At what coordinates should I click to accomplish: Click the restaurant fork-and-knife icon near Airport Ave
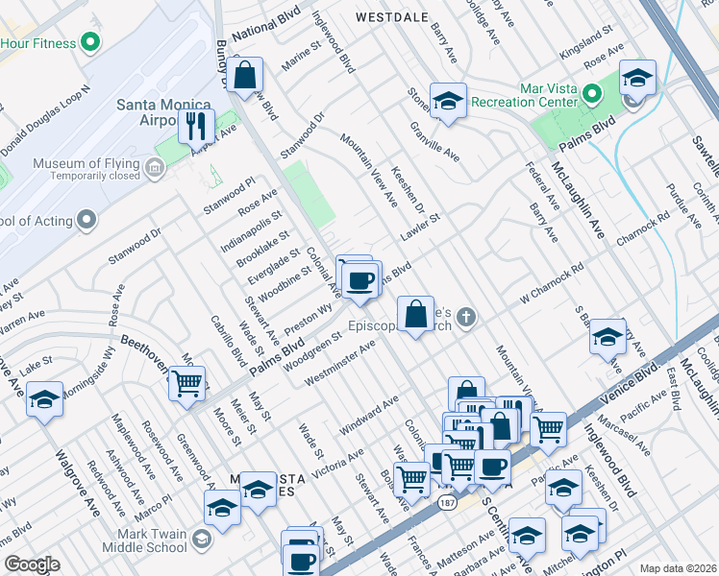(195, 126)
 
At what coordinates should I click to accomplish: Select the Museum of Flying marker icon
(155, 170)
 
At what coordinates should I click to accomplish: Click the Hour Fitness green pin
(91, 43)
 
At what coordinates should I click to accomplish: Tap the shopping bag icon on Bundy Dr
(246, 75)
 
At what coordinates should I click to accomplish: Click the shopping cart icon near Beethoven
(186, 383)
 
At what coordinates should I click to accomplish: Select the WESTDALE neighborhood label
(391, 17)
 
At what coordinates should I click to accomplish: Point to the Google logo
(32, 564)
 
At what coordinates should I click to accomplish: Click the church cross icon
(466, 317)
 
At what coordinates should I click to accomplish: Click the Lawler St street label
(420, 229)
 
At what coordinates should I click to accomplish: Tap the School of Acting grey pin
(87, 221)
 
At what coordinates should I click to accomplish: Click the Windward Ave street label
(363, 414)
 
